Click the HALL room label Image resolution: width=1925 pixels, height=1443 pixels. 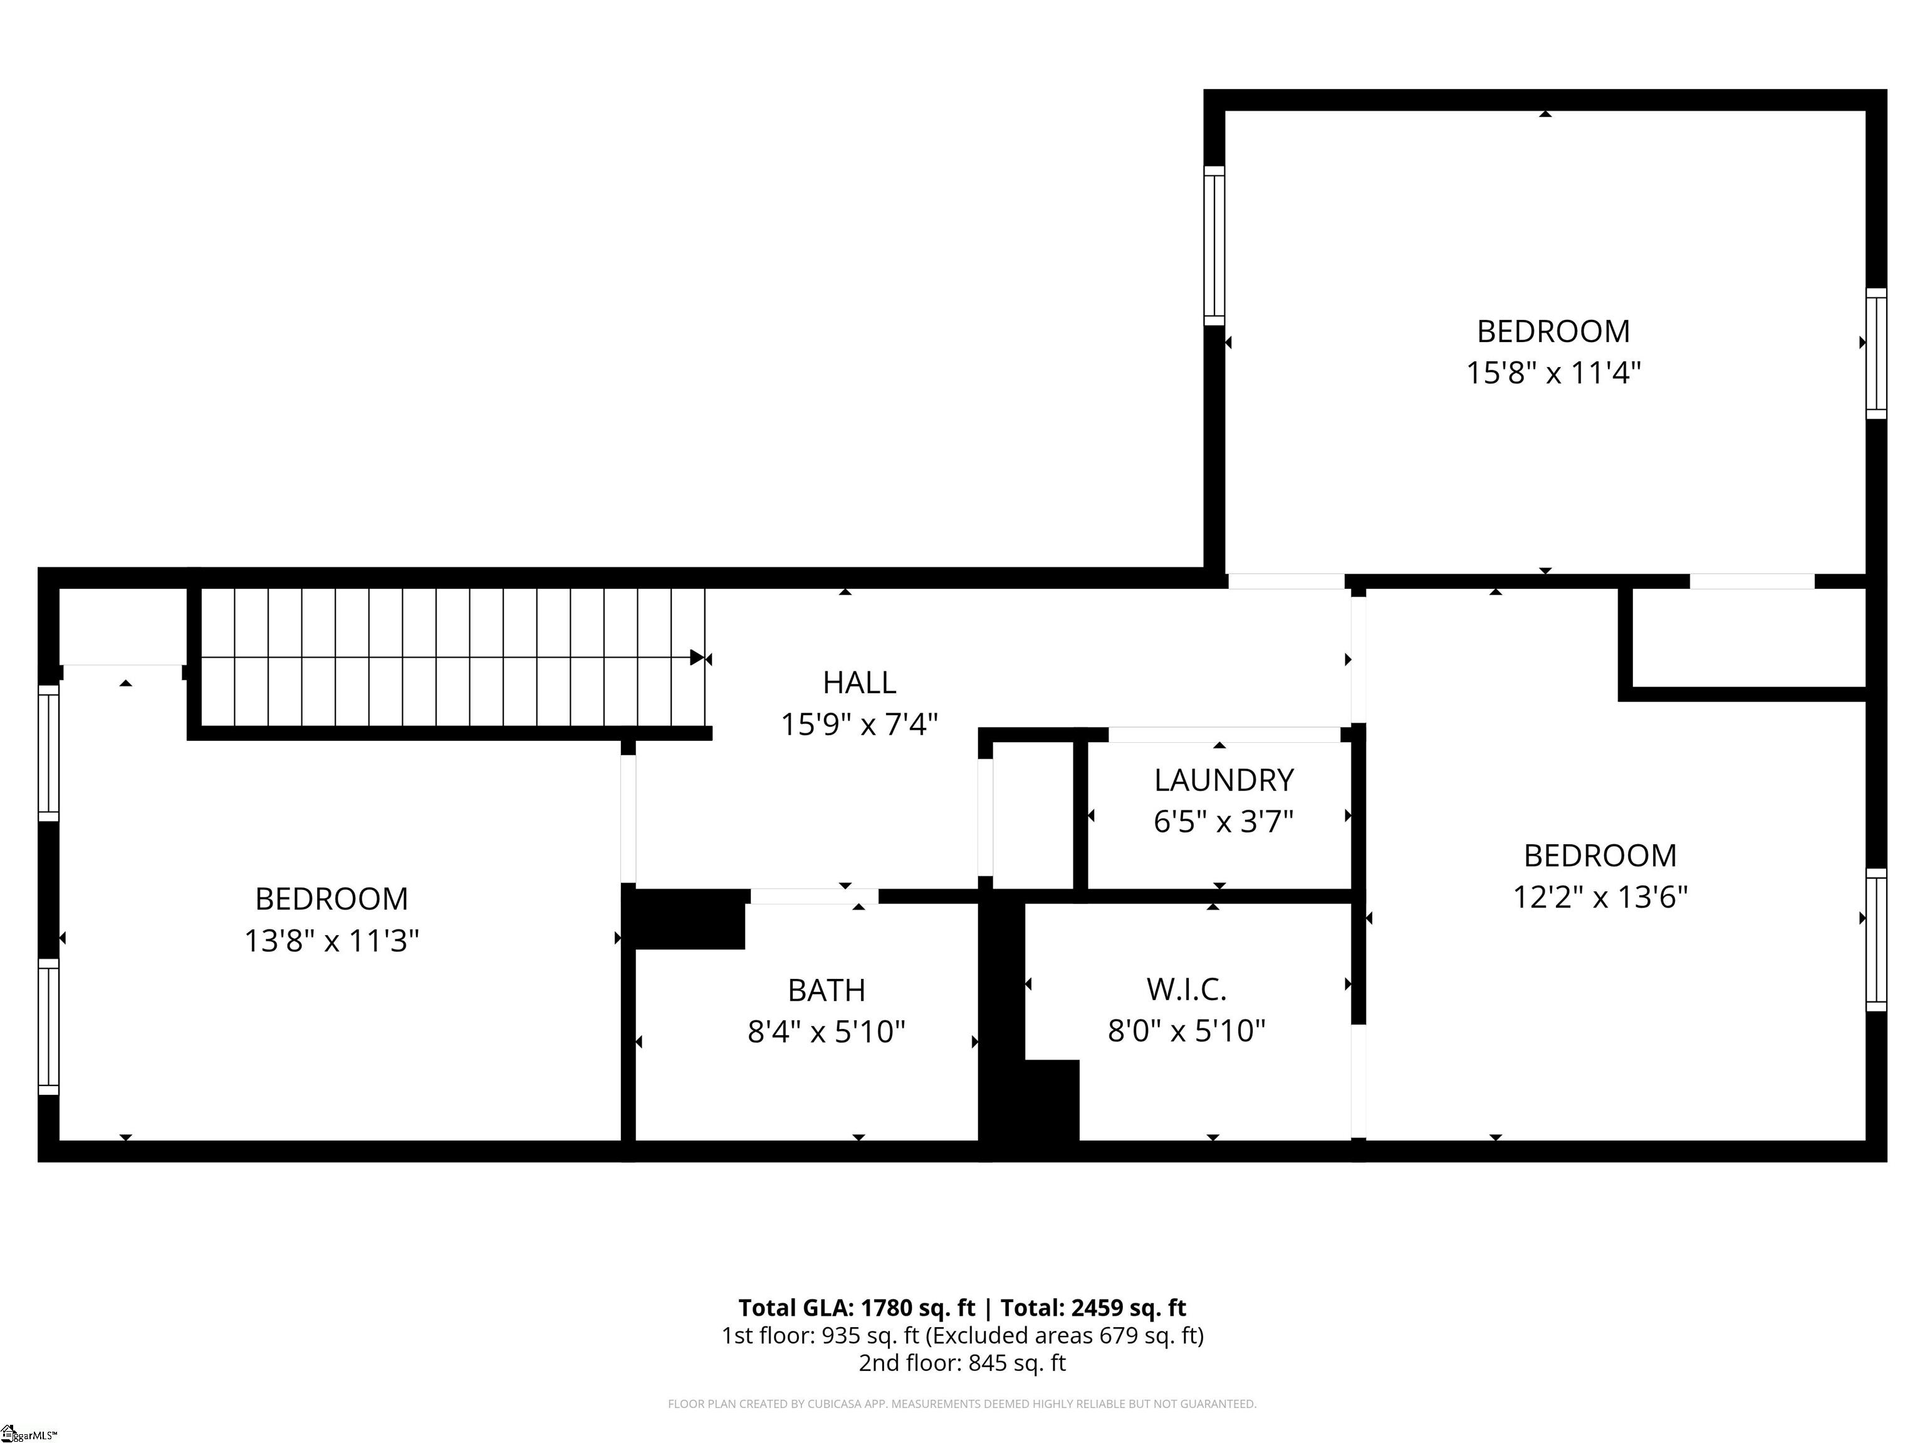pyautogui.click(x=859, y=683)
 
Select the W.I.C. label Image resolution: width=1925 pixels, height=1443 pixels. pyautogui.click(x=1186, y=989)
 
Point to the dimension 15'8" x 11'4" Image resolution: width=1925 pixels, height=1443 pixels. pyautogui.click(x=1553, y=373)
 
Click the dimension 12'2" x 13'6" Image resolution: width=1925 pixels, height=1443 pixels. pyautogui.click(x=1600, y=897)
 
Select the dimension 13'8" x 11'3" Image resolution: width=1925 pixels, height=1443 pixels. pyautogui.click(x=331, y=941)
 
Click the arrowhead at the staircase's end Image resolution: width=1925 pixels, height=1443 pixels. pyautogui.click(x=697, y=658)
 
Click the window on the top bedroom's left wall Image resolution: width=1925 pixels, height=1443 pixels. pyautogui.click(x=1214, y=246)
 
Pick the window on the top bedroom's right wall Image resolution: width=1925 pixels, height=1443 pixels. pyautogui.click(x=1875, y=353)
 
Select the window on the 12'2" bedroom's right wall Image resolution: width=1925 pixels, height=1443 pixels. pyautogui.click(x=1875, y=940)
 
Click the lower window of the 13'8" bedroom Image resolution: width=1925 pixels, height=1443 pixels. pyautogui.click(x=49, y=1027)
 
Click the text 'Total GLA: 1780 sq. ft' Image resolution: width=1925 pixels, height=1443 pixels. pyautogui.click(x=857, y=1307)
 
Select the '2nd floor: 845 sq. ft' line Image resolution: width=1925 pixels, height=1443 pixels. pyautogui.click(x=962, y=1362)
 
